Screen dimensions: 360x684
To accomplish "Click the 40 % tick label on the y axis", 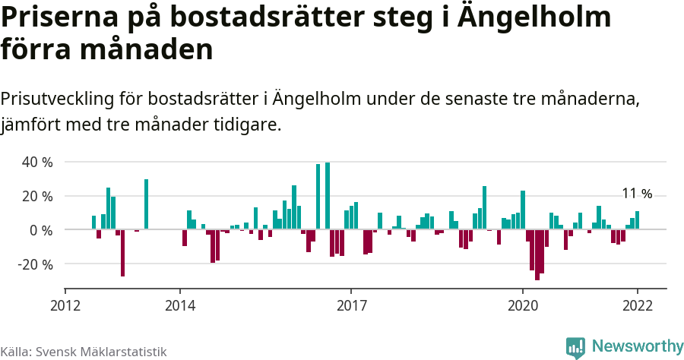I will pos(37,163).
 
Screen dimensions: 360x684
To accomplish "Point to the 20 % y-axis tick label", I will pos(37,197).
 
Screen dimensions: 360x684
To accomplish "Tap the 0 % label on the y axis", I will pos(41,230).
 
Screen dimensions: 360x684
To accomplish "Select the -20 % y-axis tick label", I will pos(35,265).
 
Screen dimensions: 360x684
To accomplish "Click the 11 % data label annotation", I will pos(637,194).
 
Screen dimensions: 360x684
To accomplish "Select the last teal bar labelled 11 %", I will pos(638,220).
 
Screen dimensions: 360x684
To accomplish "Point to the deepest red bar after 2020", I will pos(537,254).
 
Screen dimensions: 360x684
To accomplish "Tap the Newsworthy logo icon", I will pos(575,347).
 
